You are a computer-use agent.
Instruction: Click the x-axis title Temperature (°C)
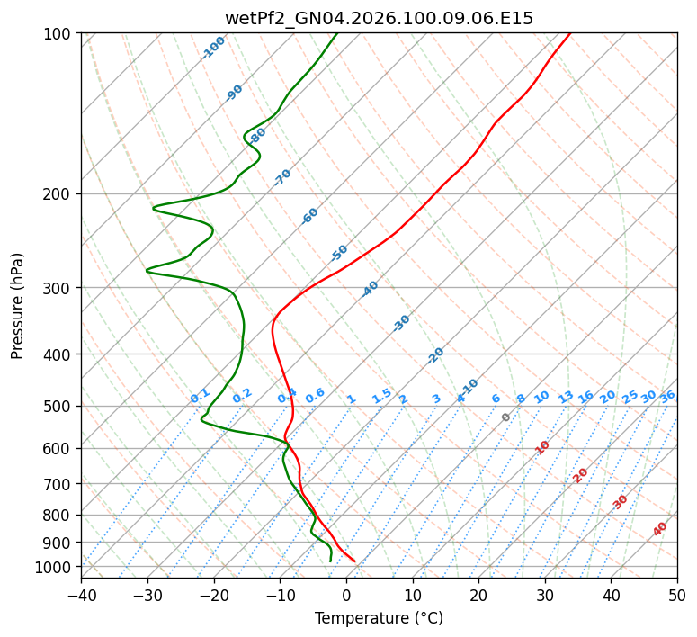point(379,618)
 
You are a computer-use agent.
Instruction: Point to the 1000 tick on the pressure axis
point(56,567)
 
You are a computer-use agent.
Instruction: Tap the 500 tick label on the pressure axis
point(59,407)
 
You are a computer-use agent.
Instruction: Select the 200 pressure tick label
point(59,194)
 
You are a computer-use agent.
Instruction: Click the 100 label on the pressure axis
point(59,34)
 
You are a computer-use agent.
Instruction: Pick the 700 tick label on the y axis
point(59,484)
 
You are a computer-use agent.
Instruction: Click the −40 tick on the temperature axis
point(81,595)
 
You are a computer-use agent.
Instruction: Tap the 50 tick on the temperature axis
point(677,595)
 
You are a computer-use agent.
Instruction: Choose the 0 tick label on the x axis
point(346,595)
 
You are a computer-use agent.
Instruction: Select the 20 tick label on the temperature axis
point(478,595)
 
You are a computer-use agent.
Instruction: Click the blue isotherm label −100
point(214,47)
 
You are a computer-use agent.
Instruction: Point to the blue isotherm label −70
point(282,176)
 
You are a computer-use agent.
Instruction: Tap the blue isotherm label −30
point(401,323)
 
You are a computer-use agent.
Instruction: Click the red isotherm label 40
point(660,529)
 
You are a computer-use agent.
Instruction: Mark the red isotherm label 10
point(542,447)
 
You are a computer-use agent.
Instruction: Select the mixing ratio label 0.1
point(200,395)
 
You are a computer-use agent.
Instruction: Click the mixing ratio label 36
point(667,396)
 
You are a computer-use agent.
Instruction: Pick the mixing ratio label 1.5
point(381,395)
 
